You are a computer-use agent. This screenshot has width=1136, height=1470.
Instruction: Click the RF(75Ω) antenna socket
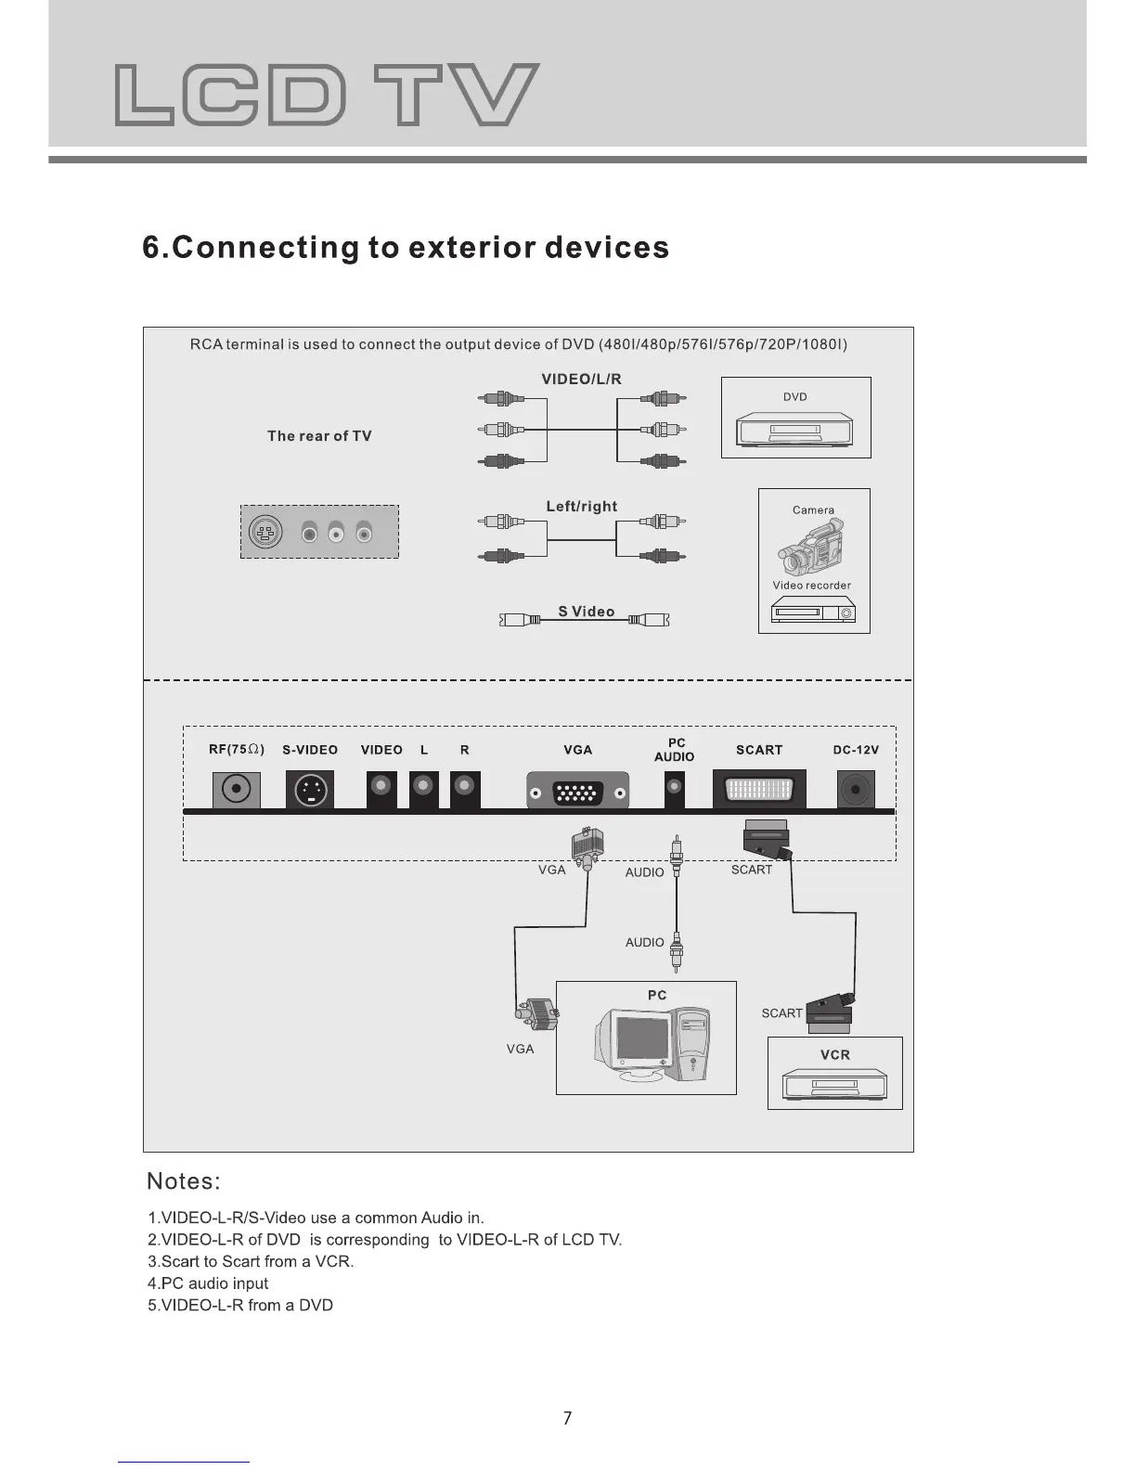click(237, 791)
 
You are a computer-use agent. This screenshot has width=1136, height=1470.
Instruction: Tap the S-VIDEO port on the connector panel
click(310, 791)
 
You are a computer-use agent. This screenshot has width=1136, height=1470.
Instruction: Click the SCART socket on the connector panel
click(759, 791)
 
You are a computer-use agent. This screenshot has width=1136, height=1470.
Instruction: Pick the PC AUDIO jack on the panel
click(675, 790)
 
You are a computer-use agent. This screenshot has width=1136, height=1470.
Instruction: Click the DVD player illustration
click(795, 431)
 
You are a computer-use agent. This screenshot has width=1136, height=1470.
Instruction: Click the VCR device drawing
click(834, 1083)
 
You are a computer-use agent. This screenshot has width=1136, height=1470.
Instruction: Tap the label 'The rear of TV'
click(319, 436)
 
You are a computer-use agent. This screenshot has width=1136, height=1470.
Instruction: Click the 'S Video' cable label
click(587, 612)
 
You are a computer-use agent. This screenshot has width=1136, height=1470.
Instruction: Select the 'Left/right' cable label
click(582, 507)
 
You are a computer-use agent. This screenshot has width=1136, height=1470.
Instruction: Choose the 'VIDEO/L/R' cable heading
click(582, 379)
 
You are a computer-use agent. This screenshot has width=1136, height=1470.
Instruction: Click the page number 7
click(568, 1418)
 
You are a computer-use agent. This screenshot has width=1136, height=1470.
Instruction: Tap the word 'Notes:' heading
click(184, 1181)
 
